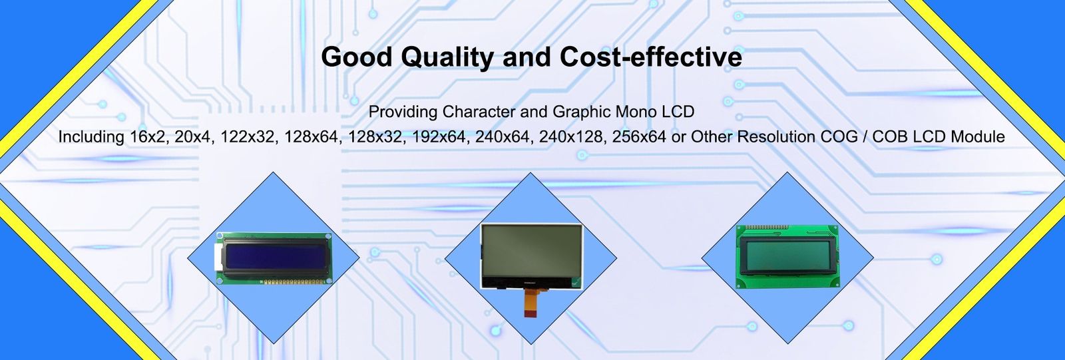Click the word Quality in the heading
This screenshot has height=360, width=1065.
(x=447, y=58)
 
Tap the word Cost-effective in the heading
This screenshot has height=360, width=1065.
(x=650, y=57)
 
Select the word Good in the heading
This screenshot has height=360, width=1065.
(x=356, y=57)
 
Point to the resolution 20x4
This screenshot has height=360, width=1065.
(x=192, y=137)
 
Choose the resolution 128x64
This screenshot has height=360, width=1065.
(x=311, y=137)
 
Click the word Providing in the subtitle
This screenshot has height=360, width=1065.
(x=403, y=112)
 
